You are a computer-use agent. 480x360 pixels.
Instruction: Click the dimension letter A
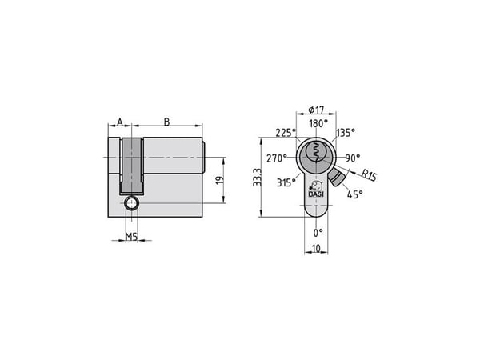click(120, 122)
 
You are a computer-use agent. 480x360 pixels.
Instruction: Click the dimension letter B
click(166, 122)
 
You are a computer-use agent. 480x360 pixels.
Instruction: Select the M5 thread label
click(131, 236)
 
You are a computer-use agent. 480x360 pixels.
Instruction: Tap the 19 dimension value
click(220, 180)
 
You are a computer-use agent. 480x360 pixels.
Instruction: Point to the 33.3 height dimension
click(257, 177)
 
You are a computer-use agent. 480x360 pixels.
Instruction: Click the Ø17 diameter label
click(316, 110)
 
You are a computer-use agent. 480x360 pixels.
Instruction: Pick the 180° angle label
click(318, 123)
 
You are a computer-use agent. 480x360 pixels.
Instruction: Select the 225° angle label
click(286, 133)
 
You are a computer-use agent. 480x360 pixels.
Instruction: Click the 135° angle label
click(346, 133)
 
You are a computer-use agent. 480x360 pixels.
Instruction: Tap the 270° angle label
click(277, 158)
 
